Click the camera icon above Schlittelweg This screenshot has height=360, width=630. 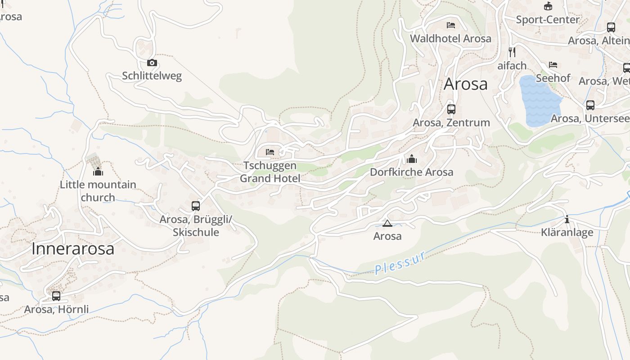[152, 63]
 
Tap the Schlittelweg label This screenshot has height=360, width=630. [152, 76]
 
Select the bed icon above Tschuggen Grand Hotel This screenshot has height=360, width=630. [270, 152]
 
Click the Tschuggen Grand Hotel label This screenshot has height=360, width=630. [270, 172]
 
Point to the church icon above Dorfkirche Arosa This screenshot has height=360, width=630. [411, 159]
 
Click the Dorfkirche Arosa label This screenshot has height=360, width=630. [411, 172]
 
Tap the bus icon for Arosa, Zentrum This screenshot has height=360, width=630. [451, 109]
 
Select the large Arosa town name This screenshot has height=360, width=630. [465, 84]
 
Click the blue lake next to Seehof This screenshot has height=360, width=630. [539, 101]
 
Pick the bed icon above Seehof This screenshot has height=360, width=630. [553, 65]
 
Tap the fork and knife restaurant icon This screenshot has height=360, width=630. [512, 52]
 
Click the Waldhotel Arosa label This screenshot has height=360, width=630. [450, 39]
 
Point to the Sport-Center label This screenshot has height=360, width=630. [548, 20]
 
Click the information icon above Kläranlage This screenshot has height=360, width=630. [567, 220]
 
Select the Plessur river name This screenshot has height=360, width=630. [400, 263]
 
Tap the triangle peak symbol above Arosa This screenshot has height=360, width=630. [387, 223]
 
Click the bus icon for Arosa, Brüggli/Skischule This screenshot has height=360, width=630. [196, 206]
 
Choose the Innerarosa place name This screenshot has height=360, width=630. [73, 249]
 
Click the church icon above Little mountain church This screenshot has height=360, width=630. [98, 171]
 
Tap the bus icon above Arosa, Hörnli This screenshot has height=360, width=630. [56, 296]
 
